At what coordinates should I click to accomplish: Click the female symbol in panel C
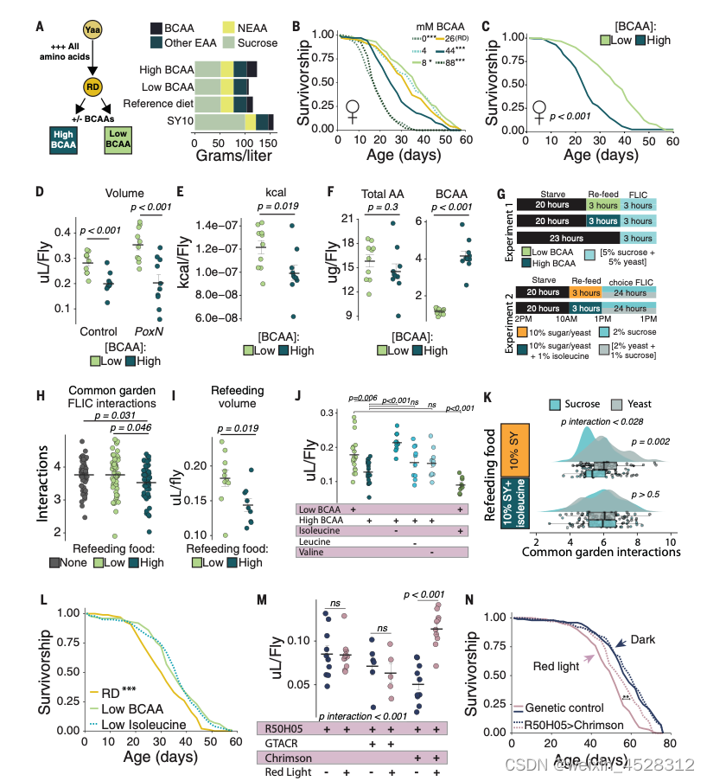point(540,112)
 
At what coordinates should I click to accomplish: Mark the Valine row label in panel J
point(317,574)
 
